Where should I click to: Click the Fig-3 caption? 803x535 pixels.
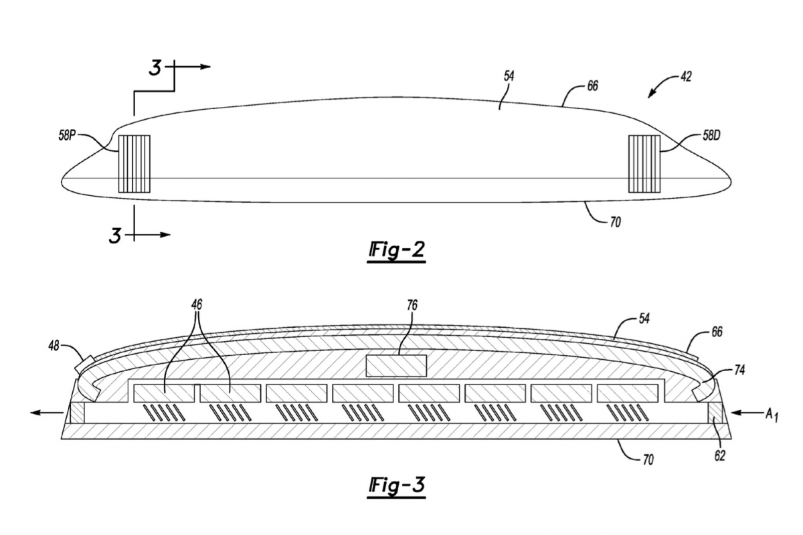396,487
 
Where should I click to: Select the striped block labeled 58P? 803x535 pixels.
134,164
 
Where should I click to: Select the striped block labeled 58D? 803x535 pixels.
644,164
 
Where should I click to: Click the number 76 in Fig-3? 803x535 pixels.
412,306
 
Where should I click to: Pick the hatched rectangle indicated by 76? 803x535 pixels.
397,365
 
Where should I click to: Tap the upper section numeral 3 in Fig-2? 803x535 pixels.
155,68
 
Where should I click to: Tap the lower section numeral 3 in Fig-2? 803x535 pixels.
115,235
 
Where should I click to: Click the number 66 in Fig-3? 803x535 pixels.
717,332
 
